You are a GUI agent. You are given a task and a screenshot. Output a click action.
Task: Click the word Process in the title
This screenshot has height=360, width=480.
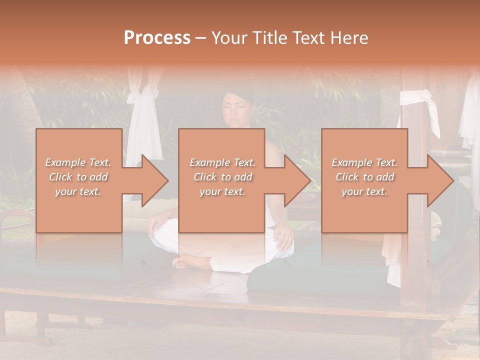[157, 38]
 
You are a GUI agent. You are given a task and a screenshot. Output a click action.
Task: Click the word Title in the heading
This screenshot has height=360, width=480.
[269, 38]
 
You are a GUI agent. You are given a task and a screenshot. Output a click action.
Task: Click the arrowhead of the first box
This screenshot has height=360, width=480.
[152, 180]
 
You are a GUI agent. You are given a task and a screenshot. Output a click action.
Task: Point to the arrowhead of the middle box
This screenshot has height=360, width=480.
[295, 180]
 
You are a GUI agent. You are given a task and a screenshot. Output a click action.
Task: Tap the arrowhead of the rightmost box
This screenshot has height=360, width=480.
[438, 180]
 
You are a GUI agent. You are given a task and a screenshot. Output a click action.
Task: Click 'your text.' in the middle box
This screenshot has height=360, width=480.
[222, 191]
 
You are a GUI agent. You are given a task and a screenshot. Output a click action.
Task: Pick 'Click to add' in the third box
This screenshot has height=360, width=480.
[364, 177]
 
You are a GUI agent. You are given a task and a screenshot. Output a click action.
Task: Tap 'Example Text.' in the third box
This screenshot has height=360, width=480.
[364, 162]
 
